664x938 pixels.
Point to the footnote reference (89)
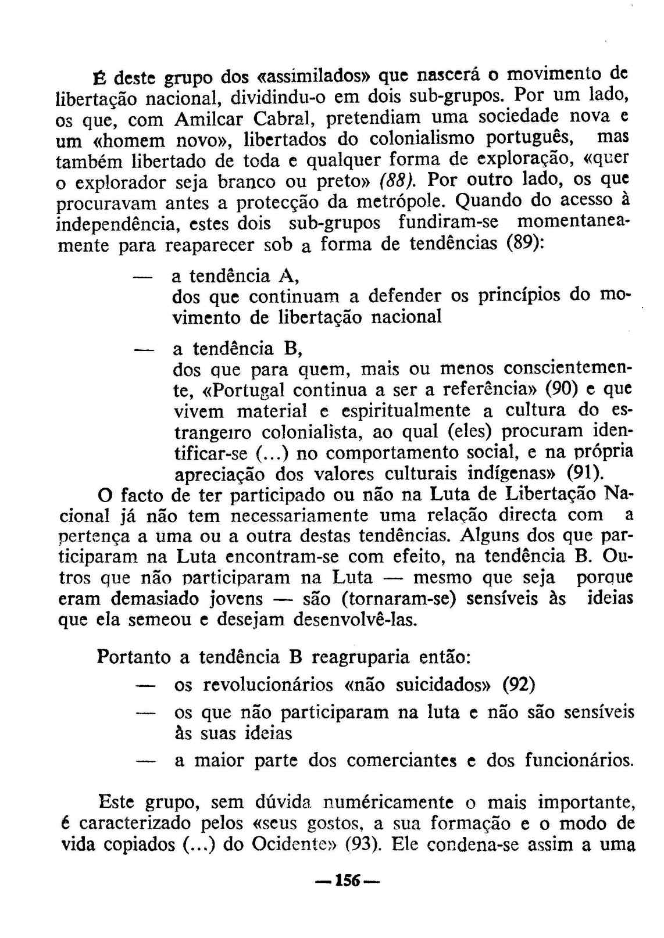526,243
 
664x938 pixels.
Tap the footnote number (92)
519,684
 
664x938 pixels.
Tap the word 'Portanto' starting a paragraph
134,657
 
